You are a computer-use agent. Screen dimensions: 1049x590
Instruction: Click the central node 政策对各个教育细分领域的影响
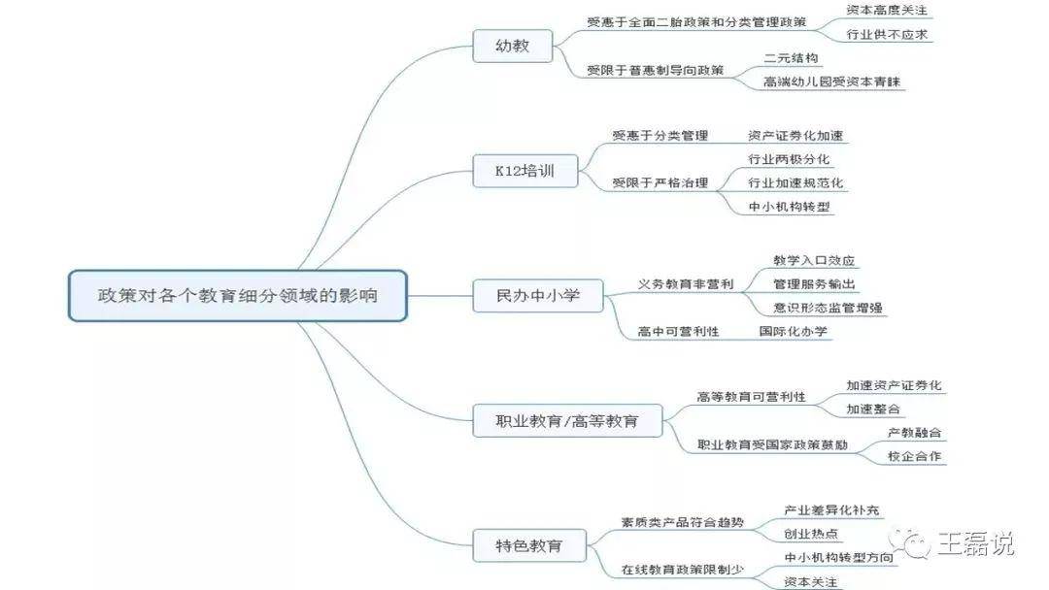click(238, 295)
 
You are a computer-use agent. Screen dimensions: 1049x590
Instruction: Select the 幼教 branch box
click(513, 47)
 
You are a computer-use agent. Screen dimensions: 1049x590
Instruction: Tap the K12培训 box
click(525, 171)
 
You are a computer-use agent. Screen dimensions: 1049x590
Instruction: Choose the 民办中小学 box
click(538, 296)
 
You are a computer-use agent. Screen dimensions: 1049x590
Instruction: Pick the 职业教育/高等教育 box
click(567, 421)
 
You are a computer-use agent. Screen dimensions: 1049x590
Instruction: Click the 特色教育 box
click(529, 546)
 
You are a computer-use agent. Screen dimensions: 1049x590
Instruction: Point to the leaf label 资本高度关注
click(887, 11)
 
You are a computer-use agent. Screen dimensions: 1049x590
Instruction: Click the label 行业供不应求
click(887, 34)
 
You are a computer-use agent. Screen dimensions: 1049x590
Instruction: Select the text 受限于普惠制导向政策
click(655, 70)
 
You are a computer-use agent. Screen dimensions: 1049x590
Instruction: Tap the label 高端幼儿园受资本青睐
click(831, 82)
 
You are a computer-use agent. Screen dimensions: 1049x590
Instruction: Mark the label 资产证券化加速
click(795, 136)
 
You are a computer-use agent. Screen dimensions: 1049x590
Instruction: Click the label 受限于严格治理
click(660, 182)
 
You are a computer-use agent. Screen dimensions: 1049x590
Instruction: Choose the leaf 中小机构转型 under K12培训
click(789, 207)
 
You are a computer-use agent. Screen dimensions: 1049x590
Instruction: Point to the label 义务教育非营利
click(685, 284)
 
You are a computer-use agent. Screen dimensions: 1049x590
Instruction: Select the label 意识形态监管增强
click(828, 308)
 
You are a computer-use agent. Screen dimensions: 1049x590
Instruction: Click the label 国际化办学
click(793, 331)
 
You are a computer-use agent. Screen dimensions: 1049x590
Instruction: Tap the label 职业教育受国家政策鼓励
click(772, 444)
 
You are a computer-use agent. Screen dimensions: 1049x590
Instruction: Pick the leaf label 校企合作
click(914, 456)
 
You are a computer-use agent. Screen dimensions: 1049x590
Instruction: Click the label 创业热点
click(811, 534)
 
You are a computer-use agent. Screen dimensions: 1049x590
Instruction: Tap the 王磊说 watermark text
click(975, 544)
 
